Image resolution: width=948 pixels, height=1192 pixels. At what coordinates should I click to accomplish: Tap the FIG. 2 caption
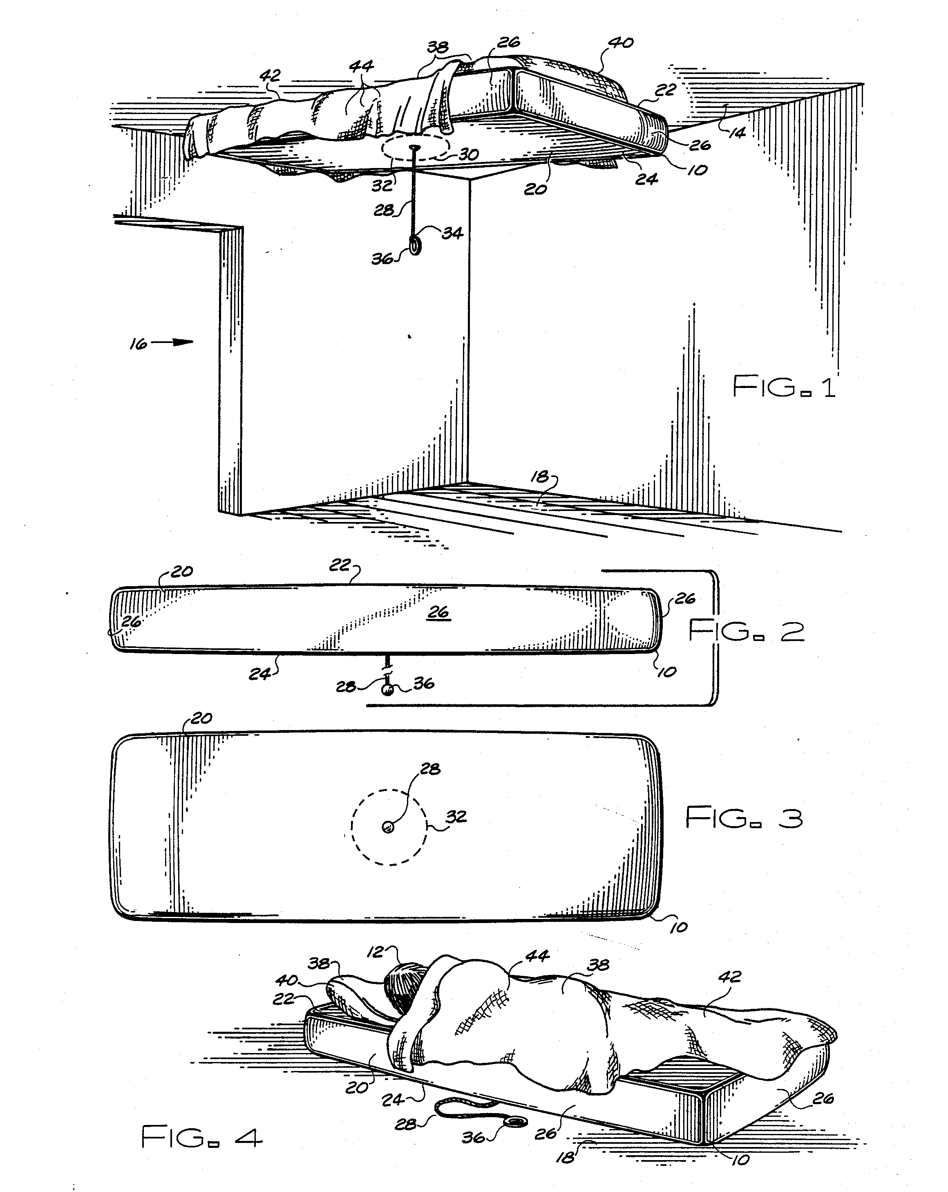point(746,630)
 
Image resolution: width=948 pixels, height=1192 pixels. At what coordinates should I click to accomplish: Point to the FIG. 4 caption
point(201,1137)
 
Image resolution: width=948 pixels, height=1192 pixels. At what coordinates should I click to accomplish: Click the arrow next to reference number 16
point(172,342)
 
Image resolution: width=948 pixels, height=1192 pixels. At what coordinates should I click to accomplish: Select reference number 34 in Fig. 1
point(452,233)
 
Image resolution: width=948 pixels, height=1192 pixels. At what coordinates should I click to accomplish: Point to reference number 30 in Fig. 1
point(468,154)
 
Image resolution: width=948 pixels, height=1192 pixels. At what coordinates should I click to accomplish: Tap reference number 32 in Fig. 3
point(456,816)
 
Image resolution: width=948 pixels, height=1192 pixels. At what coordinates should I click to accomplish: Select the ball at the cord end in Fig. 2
point(388,690)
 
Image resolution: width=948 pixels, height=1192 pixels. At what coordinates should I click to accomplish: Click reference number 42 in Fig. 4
point(729,977)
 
